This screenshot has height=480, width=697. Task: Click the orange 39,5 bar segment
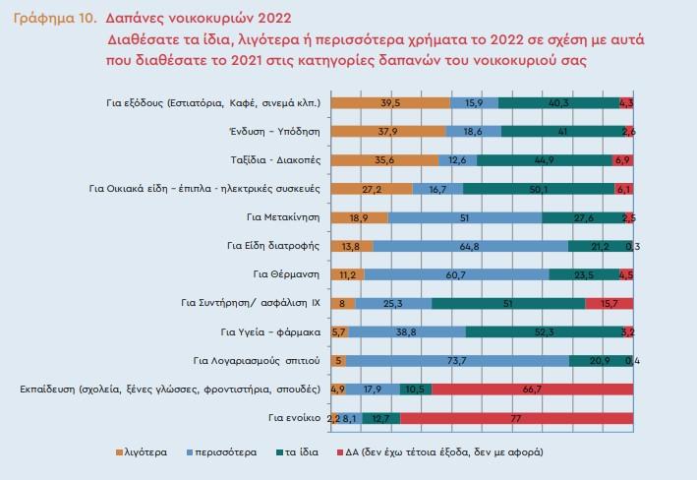tap(390, 102)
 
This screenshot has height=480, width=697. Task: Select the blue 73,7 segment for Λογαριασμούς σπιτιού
tap(458, 361)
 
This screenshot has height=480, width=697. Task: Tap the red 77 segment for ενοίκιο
tap(516, 418)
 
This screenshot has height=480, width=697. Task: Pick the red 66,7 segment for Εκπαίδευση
tap(533, 390)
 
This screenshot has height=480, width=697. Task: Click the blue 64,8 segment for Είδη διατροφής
tap(471, 246)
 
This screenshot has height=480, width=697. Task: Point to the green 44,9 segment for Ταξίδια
tap(545, 160)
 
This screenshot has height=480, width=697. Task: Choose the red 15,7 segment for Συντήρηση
tap(610, 303)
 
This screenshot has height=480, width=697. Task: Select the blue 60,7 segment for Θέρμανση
tap(456, 275)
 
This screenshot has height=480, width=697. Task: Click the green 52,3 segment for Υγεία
tap(545, 331)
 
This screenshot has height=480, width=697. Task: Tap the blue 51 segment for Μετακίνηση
tap(465, 217)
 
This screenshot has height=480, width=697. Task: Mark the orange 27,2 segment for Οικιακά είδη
tap(372, 189)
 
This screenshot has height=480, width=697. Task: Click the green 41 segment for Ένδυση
tap(563, 132)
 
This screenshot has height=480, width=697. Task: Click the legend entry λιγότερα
tap(142, 452)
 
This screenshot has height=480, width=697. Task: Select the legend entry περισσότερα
tap(222, 452)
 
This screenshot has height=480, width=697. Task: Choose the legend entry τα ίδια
tap(298, 452)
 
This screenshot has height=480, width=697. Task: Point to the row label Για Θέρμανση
tap(286, 274)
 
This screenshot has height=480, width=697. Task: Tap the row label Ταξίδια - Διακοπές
tap(275, 160)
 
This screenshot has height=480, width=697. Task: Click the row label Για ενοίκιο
tap(294, 418)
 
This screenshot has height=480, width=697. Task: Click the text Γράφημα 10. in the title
tap(55, 19)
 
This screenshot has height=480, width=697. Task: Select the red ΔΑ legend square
tap(340, 452)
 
